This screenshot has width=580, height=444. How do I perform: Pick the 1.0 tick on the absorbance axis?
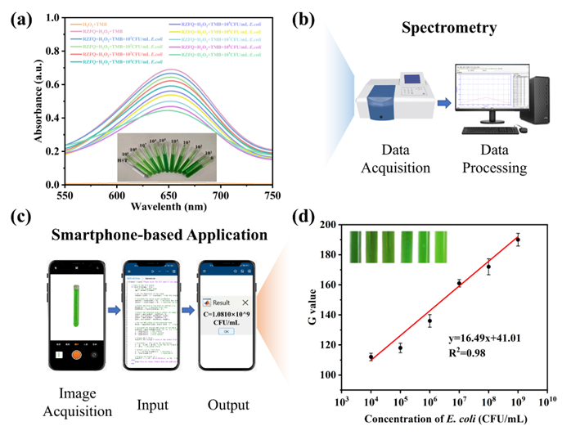(31, 16)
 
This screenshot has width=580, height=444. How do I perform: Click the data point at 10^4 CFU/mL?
(371, 357)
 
